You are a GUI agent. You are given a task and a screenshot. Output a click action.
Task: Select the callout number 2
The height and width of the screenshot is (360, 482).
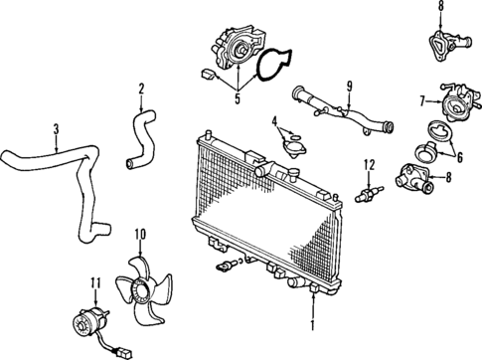point(141,91)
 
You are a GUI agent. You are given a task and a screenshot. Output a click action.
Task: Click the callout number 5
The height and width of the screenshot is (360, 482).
point(237,97)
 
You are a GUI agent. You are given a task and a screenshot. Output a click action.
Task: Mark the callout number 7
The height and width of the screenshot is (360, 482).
point(422,99)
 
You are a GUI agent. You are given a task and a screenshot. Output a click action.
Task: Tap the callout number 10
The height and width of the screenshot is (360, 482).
point(140,235)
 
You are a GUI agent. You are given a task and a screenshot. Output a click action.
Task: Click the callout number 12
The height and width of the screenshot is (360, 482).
point(368,163)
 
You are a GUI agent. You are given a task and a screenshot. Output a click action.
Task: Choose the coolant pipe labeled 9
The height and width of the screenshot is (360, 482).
point(338,110)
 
